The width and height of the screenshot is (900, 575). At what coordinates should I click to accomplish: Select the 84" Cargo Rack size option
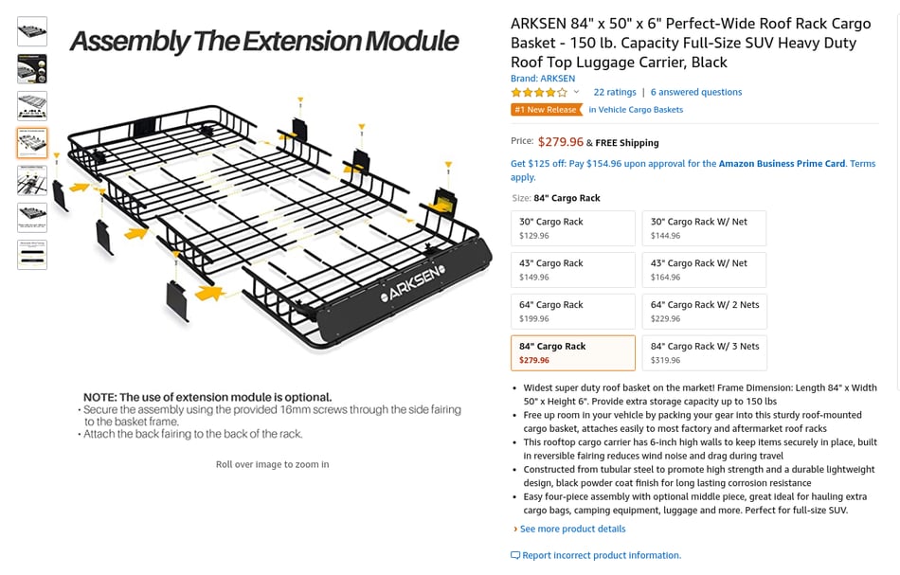(x=573, y=353)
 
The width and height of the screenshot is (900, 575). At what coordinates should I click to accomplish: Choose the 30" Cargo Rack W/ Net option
(x=704, y=228)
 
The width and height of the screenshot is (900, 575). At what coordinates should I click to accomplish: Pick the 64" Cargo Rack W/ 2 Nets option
(x=704, y=312)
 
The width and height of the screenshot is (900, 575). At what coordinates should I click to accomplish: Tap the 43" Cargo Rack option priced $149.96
(x=573, y=270)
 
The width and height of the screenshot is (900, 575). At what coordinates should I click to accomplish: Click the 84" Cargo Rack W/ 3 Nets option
(x=704, y=353)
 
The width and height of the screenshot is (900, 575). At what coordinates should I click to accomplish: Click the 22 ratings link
(x=615, y=93)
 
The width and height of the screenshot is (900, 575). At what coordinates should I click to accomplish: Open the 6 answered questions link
(x=696, y=93)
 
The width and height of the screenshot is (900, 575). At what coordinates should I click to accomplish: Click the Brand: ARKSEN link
(x=543, y=79)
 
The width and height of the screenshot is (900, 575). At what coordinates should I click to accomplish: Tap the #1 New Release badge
(x=546, y=110)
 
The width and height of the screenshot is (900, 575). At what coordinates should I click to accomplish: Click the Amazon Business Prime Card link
(x=782, y=164)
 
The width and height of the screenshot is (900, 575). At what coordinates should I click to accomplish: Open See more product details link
(x=572, y=530)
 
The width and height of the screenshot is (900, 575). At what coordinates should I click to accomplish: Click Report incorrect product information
(x=601, y=555)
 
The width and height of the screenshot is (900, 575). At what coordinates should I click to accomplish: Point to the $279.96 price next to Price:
(x=560, y=142)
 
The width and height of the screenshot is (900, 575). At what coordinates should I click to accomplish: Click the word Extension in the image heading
(x=302, y=42)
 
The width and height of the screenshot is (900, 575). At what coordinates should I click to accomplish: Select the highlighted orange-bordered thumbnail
(x=32, y=143)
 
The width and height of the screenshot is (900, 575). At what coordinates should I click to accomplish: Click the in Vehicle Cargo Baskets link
(x=636, y=110)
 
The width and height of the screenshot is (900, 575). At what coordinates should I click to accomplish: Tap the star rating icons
(x=539, y=93)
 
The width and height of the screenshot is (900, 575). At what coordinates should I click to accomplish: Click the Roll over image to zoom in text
(x=272, y=464)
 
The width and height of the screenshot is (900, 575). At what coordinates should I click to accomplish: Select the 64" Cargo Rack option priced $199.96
(x=573, y=312)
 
